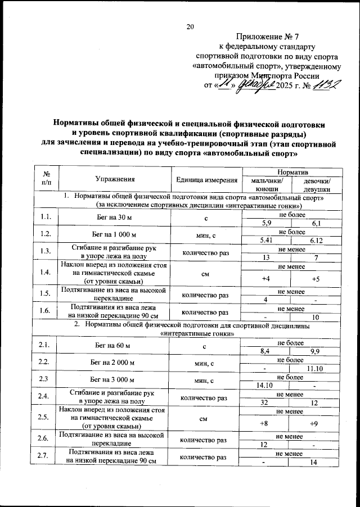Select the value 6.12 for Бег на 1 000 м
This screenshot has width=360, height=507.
tap(316, 240)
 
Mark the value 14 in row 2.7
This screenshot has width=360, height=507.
tap(316, 462)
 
